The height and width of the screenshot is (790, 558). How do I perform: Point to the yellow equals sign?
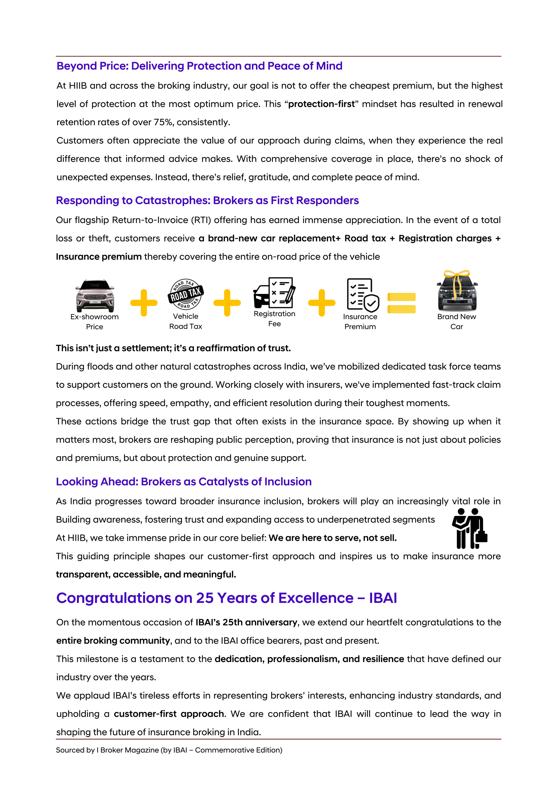tap(401, 303)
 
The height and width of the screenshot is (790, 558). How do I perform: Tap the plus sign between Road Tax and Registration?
tap(227, 303)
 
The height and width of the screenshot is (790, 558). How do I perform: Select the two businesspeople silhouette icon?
tap(469, 529)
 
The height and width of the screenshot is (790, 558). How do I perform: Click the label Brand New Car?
tap(457, 321)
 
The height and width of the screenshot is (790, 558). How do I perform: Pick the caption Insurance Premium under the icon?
tap(360, 321)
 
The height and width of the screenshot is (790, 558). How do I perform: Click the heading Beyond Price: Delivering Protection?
tap(199, 66)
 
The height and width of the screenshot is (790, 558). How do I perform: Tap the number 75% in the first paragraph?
tap(163, 122)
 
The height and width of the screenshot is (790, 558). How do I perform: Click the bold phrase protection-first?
tap(321, 104)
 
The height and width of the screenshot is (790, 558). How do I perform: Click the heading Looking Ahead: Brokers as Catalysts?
tap(184, 481)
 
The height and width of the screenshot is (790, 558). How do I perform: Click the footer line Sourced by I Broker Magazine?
tap(169, 750)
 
